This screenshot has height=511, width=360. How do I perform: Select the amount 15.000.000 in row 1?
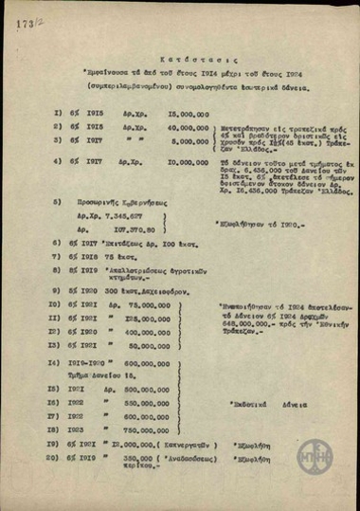(x=165, y=111)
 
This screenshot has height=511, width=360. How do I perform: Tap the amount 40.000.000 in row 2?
(x=165, y=125)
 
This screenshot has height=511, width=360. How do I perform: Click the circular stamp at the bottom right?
(x=315, y=457)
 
